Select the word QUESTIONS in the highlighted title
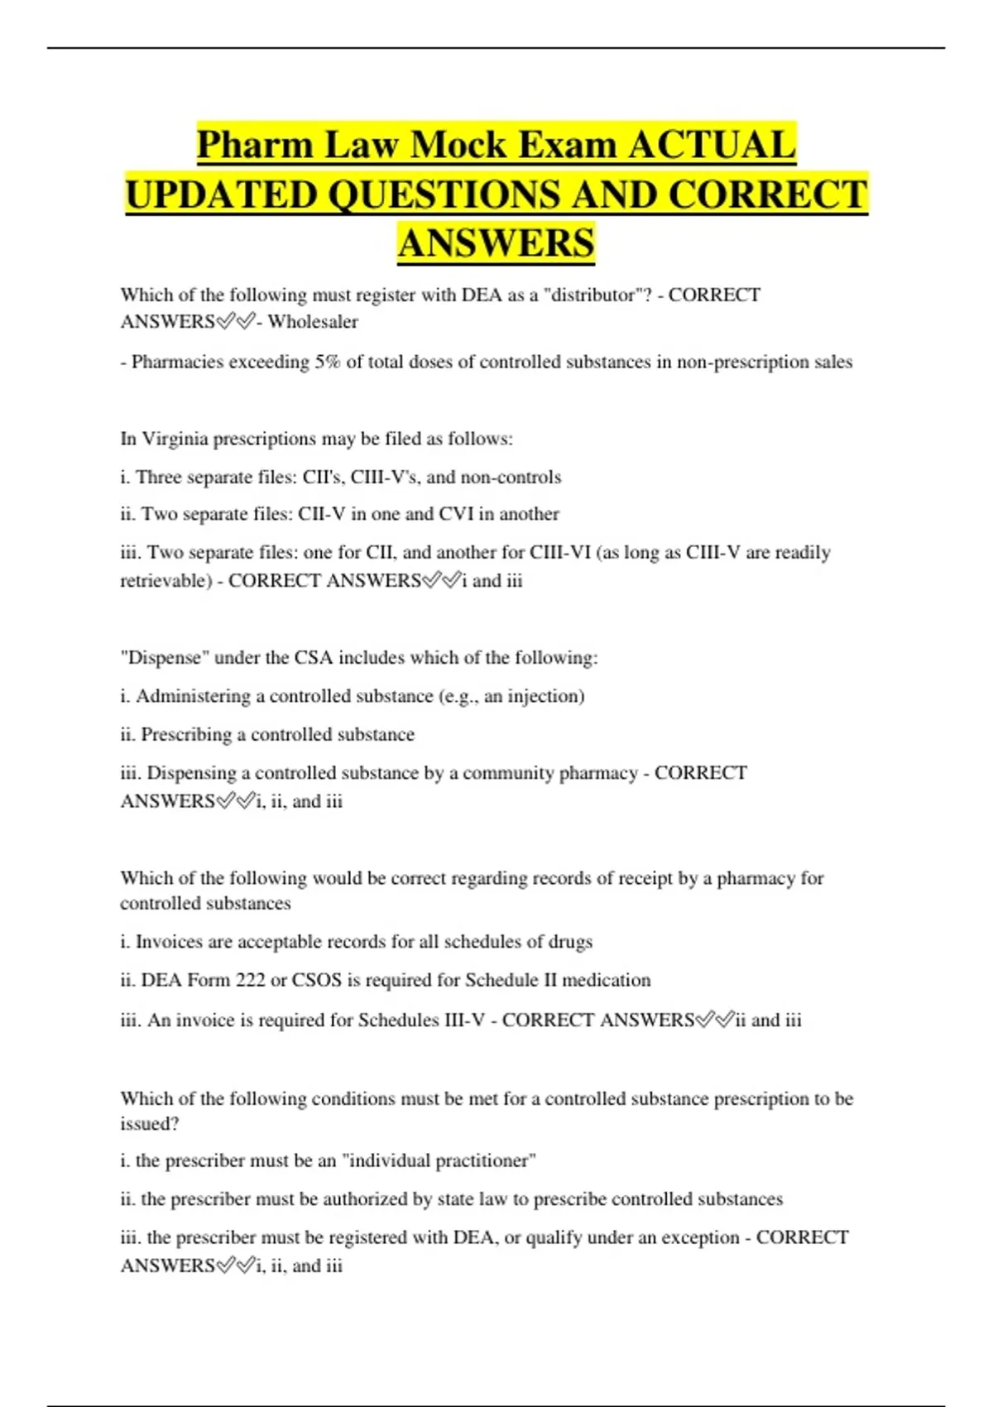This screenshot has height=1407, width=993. tap(444, 195)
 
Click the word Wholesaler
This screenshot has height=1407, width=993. tap(313, 322)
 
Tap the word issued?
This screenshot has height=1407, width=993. tap(150, 1124)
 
